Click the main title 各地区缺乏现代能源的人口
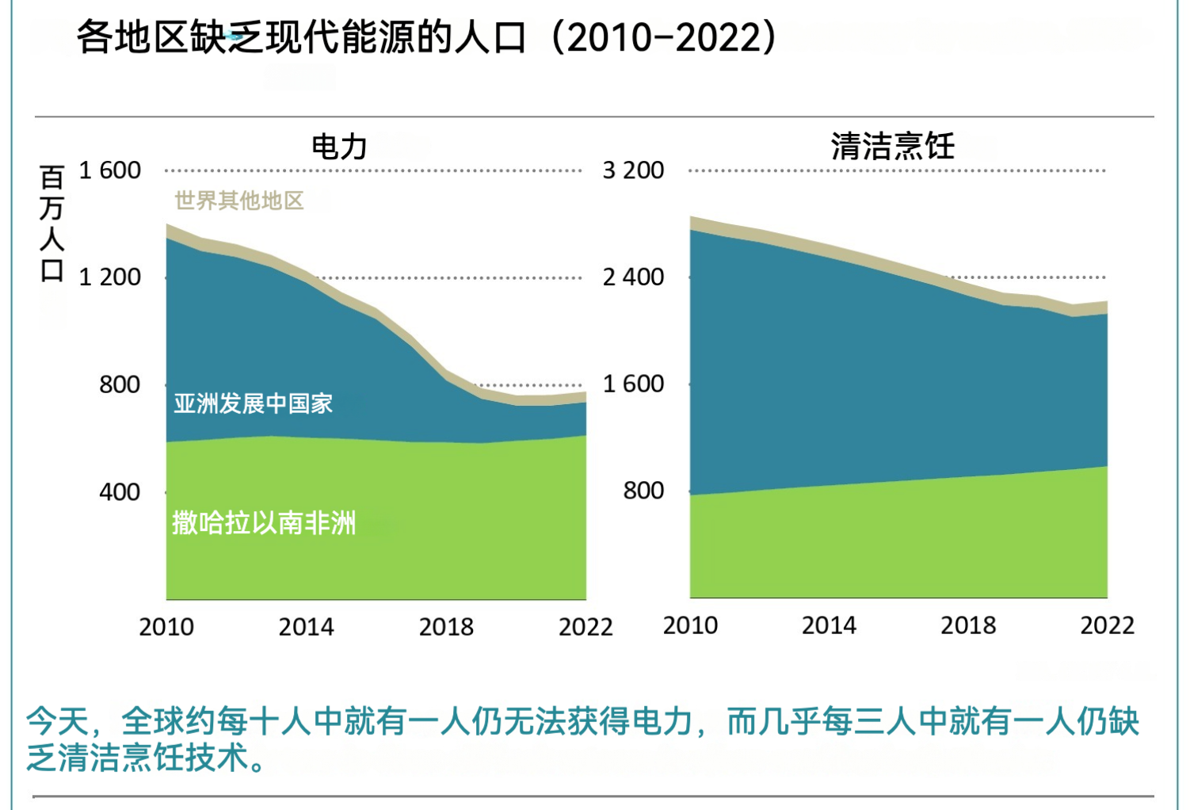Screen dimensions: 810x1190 (301, 37)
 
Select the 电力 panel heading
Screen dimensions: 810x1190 (339, 147)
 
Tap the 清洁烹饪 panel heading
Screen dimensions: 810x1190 (893, 147)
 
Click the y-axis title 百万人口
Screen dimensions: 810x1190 (51, 224)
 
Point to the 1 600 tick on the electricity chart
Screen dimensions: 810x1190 (109, 170)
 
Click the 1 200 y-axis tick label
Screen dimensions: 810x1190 (109, 277)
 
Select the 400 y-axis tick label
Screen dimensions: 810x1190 (120, 492)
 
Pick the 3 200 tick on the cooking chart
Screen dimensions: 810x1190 (633, 170)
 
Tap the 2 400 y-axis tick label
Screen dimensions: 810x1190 (633, 277)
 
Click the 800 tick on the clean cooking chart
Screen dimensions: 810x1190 (643, 491)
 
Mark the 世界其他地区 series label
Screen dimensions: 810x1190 (239, 201)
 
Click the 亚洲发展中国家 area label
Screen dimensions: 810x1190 (253, 403)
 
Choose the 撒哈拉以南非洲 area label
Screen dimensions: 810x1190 (264, 523)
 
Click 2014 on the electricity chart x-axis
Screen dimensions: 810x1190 (306, 627)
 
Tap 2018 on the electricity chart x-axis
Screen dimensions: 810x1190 (446, 627)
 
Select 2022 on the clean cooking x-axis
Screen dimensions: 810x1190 (1107, 625)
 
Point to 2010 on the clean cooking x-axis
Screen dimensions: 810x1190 (690, 625)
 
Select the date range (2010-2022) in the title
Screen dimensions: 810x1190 (663, 37)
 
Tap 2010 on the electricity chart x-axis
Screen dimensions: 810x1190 (166, 627)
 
